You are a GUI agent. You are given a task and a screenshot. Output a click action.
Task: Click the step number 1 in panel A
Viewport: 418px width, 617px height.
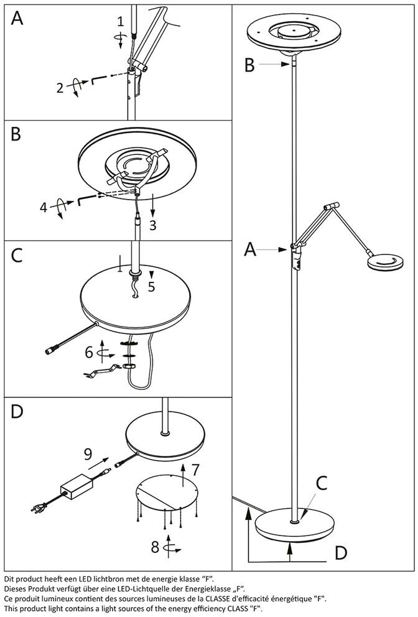(x=121, y=22)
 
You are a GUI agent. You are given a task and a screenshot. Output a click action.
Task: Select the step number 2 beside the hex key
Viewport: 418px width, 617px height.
(x=60, y=88)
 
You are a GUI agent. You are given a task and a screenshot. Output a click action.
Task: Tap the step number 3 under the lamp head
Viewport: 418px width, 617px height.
(x=152, y=225)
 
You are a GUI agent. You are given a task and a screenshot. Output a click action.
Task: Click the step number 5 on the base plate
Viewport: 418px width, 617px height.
(x=151, y=287)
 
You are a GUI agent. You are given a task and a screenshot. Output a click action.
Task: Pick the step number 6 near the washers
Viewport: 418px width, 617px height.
(x=89, y=353)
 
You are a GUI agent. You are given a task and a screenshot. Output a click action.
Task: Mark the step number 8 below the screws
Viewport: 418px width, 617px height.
(x=155, y=548)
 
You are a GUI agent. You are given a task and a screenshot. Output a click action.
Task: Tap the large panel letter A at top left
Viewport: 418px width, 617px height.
(x=17, y=19)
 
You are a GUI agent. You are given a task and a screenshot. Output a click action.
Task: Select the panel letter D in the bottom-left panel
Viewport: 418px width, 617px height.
(x=17, y=411)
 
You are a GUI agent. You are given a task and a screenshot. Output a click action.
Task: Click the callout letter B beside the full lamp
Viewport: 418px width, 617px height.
(x=249, y=65)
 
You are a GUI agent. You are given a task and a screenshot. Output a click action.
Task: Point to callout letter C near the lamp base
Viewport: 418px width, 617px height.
(x=322, y=483)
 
